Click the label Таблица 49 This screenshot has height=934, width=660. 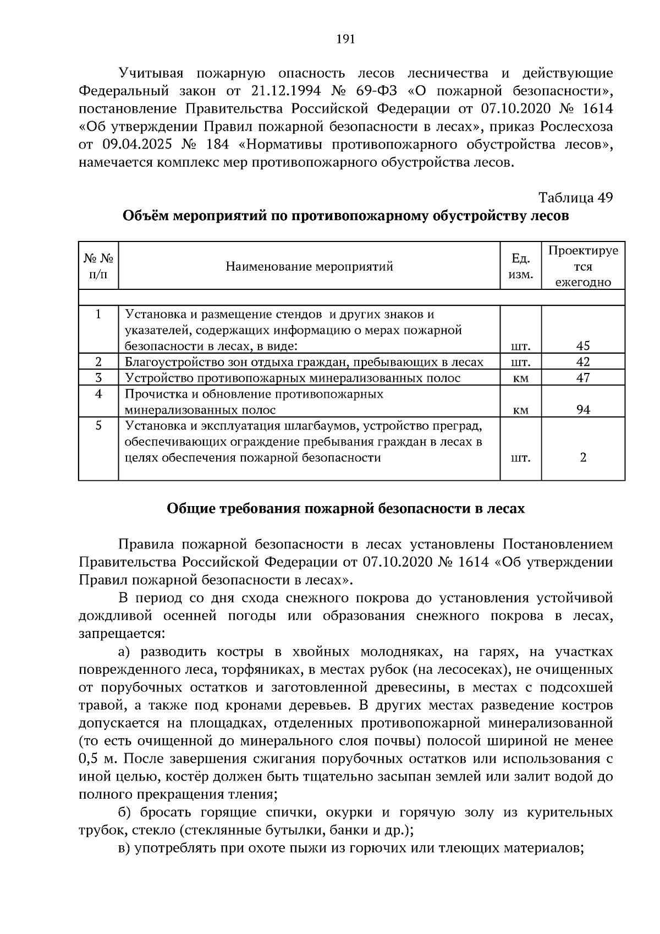click(x=575, y=198)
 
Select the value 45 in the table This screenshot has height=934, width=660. click(x=583, y=346)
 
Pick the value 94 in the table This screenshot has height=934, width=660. click(x=583, y=410)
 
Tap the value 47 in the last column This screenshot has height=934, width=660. click(x=583, y=378)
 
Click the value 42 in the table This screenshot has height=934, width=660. click(x=583, y=362)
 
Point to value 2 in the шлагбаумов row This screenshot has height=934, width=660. click(x=583, y=458)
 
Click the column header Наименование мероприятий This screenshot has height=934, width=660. click(x=309, y=267)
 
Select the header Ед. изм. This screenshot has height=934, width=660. click(x=520, y=266)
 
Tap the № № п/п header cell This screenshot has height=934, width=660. click(x=98, y=266)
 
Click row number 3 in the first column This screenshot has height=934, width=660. click(x=98, y=378)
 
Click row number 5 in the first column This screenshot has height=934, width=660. click(x=98, y=426)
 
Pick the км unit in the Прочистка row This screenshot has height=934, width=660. click(x=520, y=410)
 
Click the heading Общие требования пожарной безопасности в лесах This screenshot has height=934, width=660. click(x=345, y=509)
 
